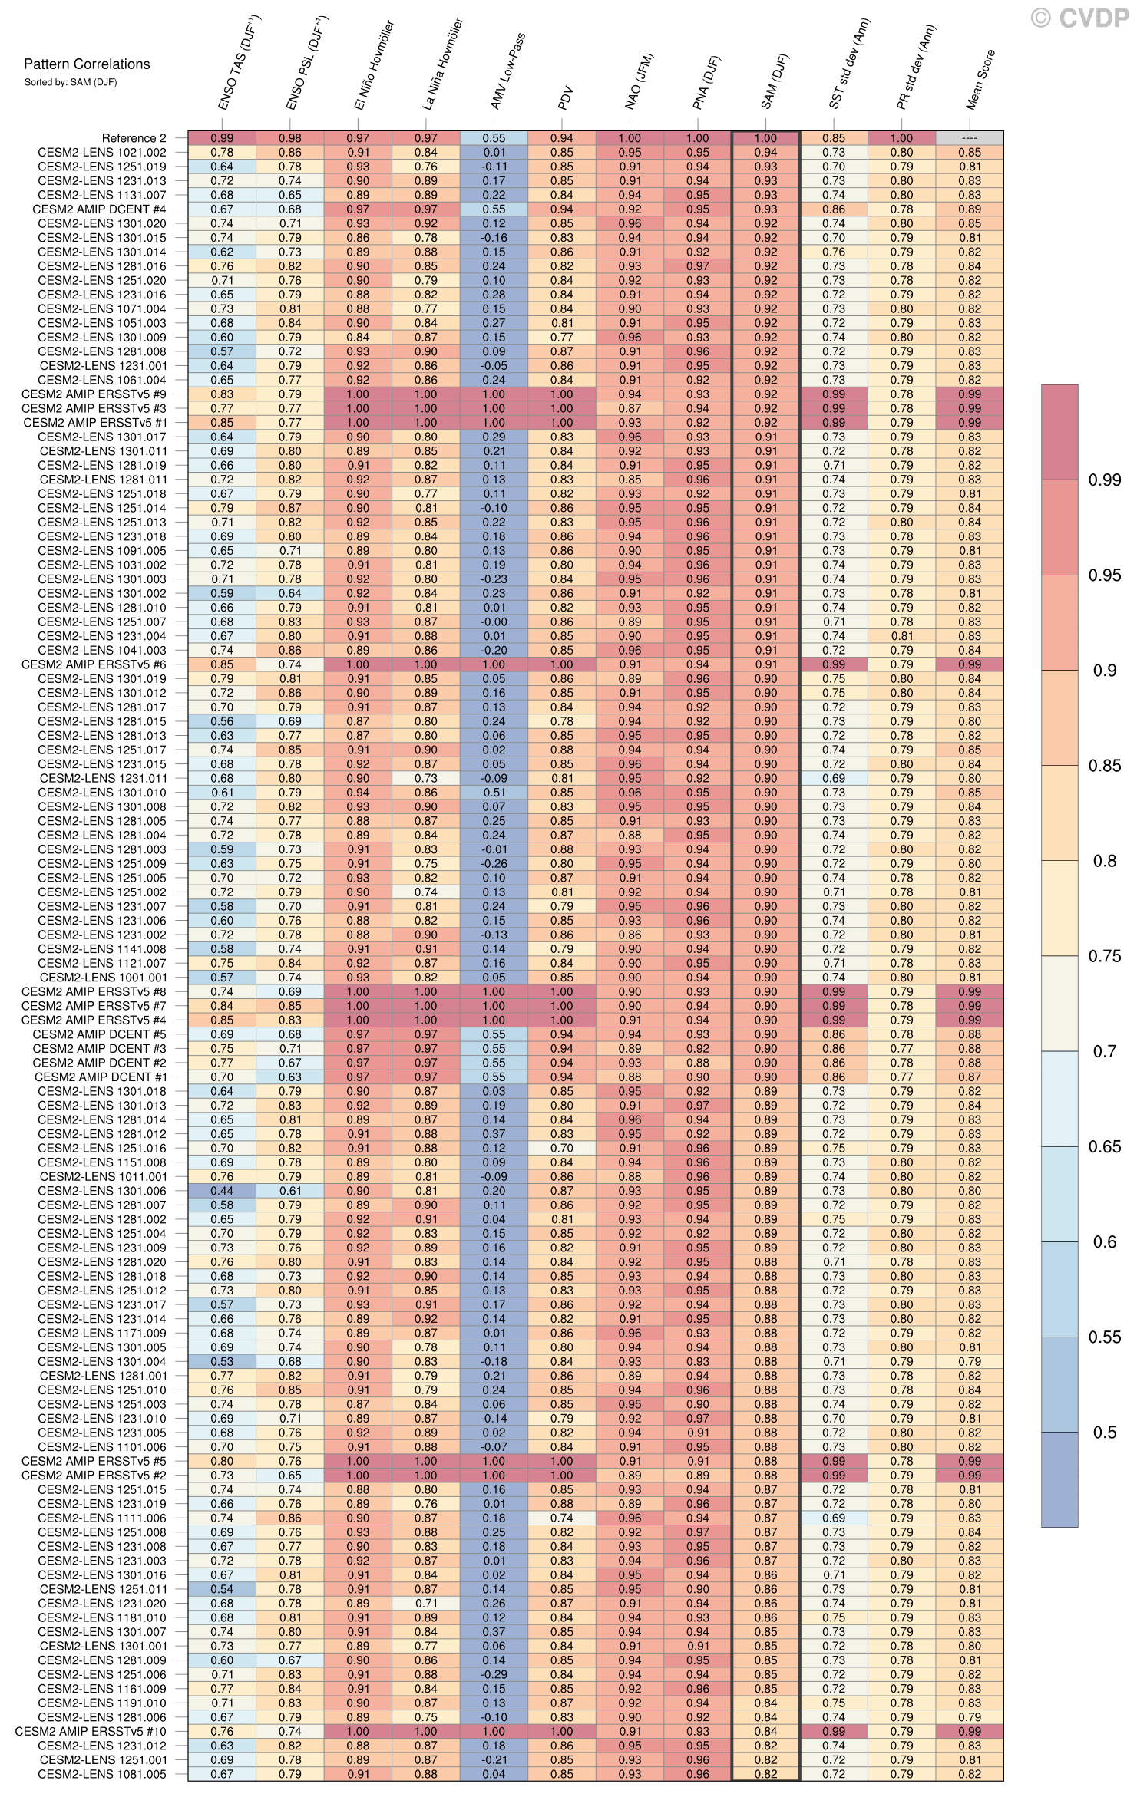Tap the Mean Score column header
[x=980, y=80]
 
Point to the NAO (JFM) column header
[x=639, y=81]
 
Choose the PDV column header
[x=567, y=98]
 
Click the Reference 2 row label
[x=134, y=138]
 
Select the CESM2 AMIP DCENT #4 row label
[x=99, y=209]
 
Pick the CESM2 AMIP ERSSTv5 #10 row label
[x=90, y=1731]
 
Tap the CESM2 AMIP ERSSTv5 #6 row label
[x=93, y=664]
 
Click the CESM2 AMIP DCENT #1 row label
[x=100, y=1077]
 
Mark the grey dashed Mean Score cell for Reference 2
[x=970, y=138]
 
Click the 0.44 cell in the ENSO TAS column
[x=222, y=1191]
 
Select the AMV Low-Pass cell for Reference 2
[x=494, y=138]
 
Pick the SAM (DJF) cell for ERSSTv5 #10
[x=765, y=1731]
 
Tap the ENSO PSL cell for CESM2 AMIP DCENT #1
[x=290, y=1077]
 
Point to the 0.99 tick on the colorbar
[x=1105, y=480]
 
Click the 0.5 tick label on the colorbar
[x=1105, y=1433]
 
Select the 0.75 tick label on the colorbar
[x=1105, y=956]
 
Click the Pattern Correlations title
[x=87, y=64]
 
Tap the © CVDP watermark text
[x=1079, y=18]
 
